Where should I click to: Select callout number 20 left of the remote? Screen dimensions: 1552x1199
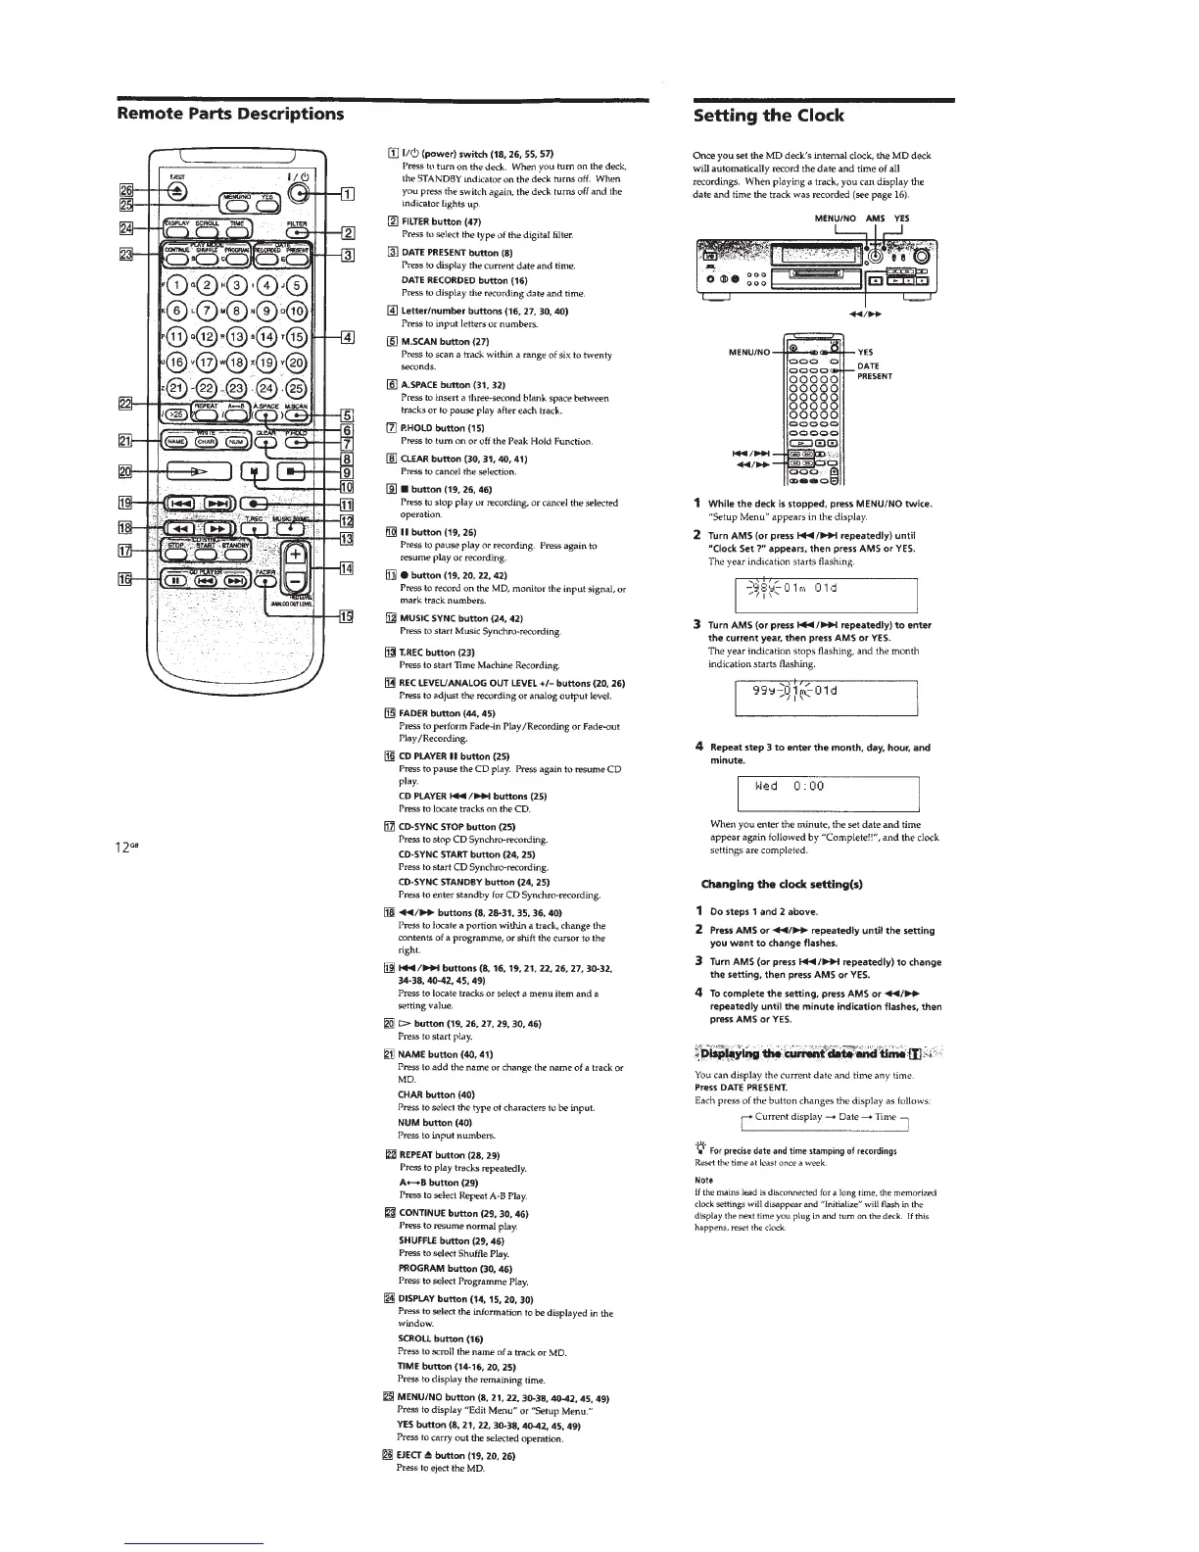click(x=126, y=472)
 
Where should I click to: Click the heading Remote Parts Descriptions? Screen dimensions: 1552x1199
click(x=230, y=114)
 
